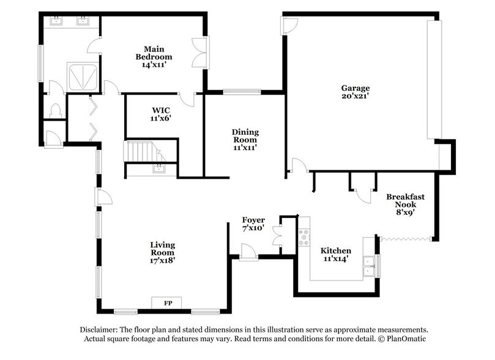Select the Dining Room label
point(245,139)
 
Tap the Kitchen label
point(336,255)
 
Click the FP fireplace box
point(167,303)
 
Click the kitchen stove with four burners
point(303,237)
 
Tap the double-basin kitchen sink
point(369,266)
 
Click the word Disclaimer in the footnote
point(99,329)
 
